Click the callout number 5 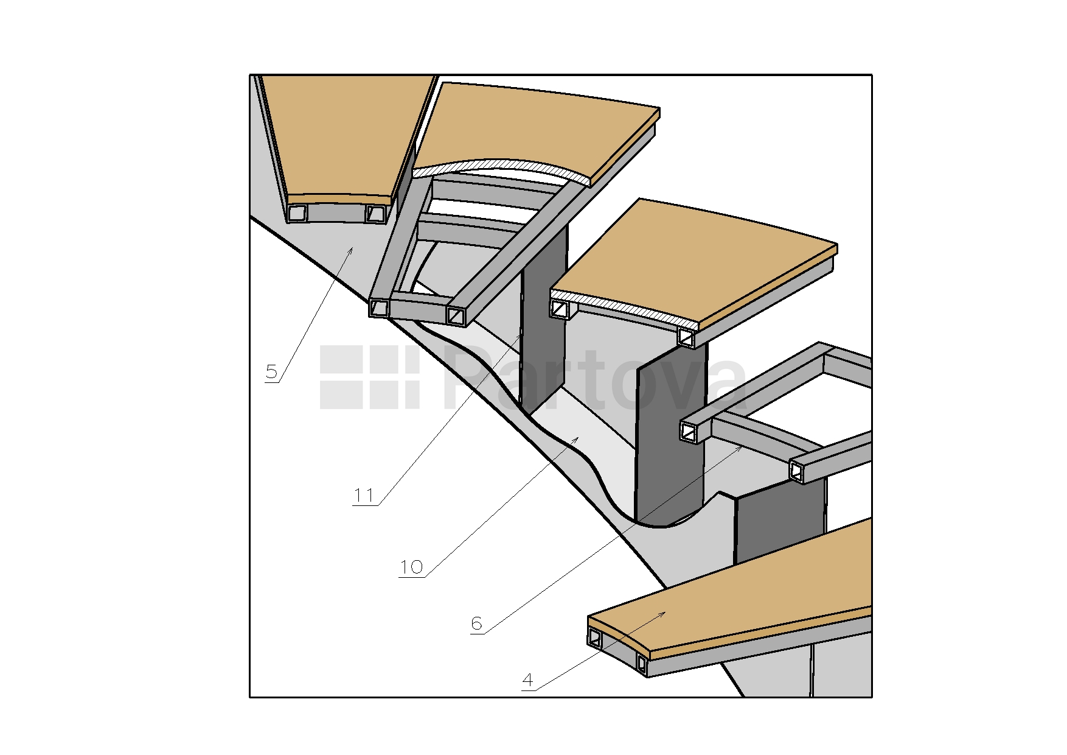coord(271,371)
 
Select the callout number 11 coord(364,495)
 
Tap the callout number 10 coord(411,567)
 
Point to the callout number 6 coord(476,623)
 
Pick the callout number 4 coord(527,679)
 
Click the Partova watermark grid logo coord(370,377)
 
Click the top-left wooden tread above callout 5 coord(341,137)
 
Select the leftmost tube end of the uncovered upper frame coord(379,307)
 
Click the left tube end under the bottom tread coord(594,637)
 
